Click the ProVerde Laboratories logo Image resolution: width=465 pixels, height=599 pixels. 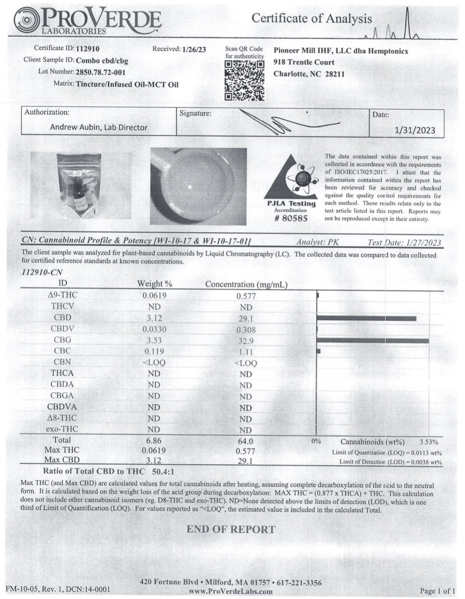coord(87,21)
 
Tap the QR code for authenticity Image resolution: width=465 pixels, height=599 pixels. coord(245,80)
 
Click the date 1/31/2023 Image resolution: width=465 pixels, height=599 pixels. coord(414,130)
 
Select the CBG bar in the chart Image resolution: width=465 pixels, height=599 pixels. coord(373,340)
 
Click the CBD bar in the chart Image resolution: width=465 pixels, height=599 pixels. coord(366,318)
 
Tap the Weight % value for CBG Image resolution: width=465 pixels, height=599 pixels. coord(154,340)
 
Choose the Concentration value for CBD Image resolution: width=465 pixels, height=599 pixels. coord(245,319)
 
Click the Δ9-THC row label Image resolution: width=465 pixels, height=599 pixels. coord(63,295)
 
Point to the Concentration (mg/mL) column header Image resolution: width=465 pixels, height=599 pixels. coord(246,285)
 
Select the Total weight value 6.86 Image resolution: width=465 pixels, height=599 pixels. coord(154,441)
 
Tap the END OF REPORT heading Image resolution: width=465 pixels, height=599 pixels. coord(231,530)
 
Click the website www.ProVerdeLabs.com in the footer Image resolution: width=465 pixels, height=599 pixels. coord(230,591)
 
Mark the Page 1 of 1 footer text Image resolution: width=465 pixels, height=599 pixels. coord(437,591)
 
